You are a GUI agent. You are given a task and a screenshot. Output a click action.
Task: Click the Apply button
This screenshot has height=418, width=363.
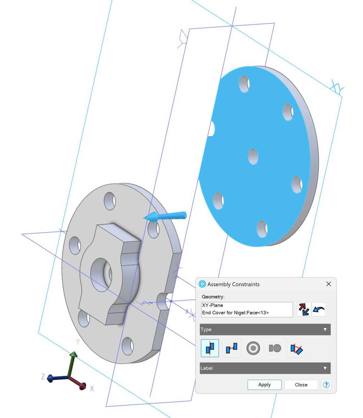(x=264, y=385)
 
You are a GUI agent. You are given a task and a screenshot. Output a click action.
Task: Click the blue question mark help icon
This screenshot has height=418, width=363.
(x=326, y=385)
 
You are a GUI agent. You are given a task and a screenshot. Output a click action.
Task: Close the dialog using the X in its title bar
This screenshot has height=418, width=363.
(x=328, y=284)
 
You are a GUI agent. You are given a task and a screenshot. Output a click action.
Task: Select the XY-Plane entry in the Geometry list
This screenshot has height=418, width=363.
(x=212, y=305)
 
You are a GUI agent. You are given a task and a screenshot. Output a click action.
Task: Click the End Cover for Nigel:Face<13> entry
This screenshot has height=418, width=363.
(x=235, y=312)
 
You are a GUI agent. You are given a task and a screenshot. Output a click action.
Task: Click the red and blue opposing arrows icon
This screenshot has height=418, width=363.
(x=303, y=310)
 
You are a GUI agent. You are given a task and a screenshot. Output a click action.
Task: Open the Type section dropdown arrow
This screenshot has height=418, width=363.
(x=325, y=330)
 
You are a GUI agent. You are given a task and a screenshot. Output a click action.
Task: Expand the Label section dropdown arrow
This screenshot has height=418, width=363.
(x=325, y=368)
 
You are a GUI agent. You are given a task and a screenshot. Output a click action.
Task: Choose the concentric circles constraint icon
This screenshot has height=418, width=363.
(x=253, y=348)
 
